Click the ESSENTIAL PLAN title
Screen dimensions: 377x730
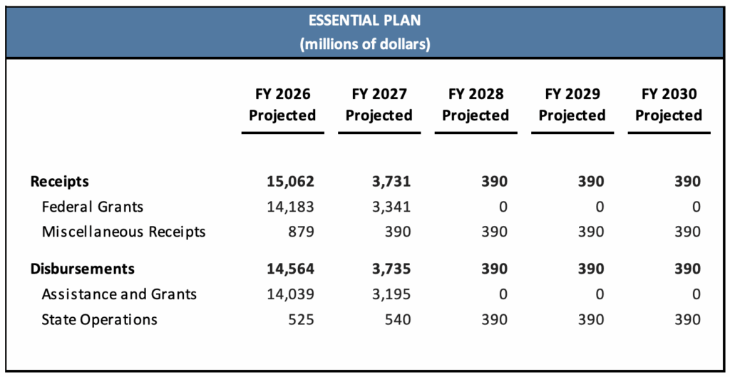364,20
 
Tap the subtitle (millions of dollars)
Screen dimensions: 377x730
364,44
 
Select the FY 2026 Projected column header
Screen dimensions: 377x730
282,105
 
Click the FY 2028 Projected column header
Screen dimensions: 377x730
475,105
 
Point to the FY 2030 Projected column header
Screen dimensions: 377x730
669,105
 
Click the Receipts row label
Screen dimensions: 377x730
60,182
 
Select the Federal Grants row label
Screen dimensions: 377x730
93,207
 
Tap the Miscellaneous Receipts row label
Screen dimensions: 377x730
123,232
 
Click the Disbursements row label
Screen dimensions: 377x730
82,269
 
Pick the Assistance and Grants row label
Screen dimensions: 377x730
119,294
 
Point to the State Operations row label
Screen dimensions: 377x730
99,319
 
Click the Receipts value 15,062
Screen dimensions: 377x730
290,182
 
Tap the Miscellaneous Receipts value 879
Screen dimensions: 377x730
300,232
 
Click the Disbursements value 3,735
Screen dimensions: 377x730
391,269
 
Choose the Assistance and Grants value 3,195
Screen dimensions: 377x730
391,294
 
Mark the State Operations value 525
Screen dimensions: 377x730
300,319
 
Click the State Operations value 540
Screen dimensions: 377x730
397,319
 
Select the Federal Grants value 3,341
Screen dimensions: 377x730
391,207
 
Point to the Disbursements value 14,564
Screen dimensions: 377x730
290,269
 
